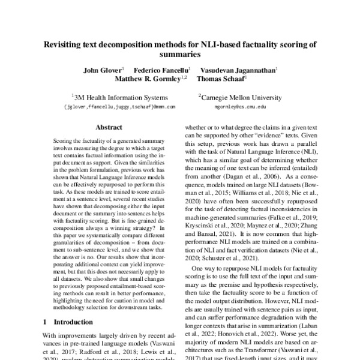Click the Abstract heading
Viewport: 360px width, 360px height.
109,128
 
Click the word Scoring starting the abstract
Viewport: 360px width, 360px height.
56,139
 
